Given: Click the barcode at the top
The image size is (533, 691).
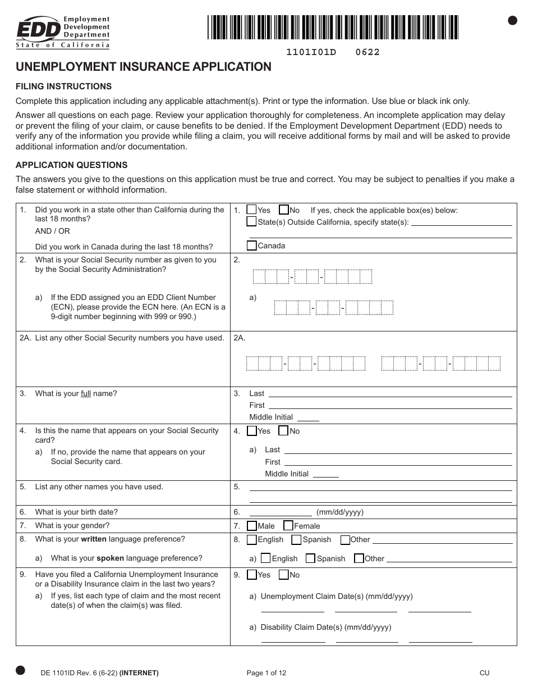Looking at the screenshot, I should (333, 27).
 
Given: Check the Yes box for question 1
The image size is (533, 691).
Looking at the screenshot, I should (252, 210).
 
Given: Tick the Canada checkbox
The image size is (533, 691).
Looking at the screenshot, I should (252, 246).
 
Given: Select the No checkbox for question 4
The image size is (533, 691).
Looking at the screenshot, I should (283, 431).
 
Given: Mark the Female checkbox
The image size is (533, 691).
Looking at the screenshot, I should (288, 526).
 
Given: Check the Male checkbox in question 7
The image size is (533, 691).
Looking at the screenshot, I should (252, 526).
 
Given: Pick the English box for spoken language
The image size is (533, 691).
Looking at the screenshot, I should (266, 558).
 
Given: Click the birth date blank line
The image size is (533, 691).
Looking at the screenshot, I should (281, 512).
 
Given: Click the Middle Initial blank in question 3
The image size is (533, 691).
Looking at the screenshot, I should (307, 417).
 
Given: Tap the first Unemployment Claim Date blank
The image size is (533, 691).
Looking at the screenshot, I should (293, 609).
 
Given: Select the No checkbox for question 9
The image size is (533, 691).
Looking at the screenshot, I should (283, 575).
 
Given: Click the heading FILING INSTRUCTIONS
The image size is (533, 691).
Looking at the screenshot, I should (63, 87).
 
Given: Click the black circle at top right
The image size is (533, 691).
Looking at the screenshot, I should (512, 20).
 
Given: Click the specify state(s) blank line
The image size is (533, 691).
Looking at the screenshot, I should (461, 222).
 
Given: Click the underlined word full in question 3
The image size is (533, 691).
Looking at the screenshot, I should (86, 394).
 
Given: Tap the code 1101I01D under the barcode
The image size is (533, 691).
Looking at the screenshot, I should (311, 52).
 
